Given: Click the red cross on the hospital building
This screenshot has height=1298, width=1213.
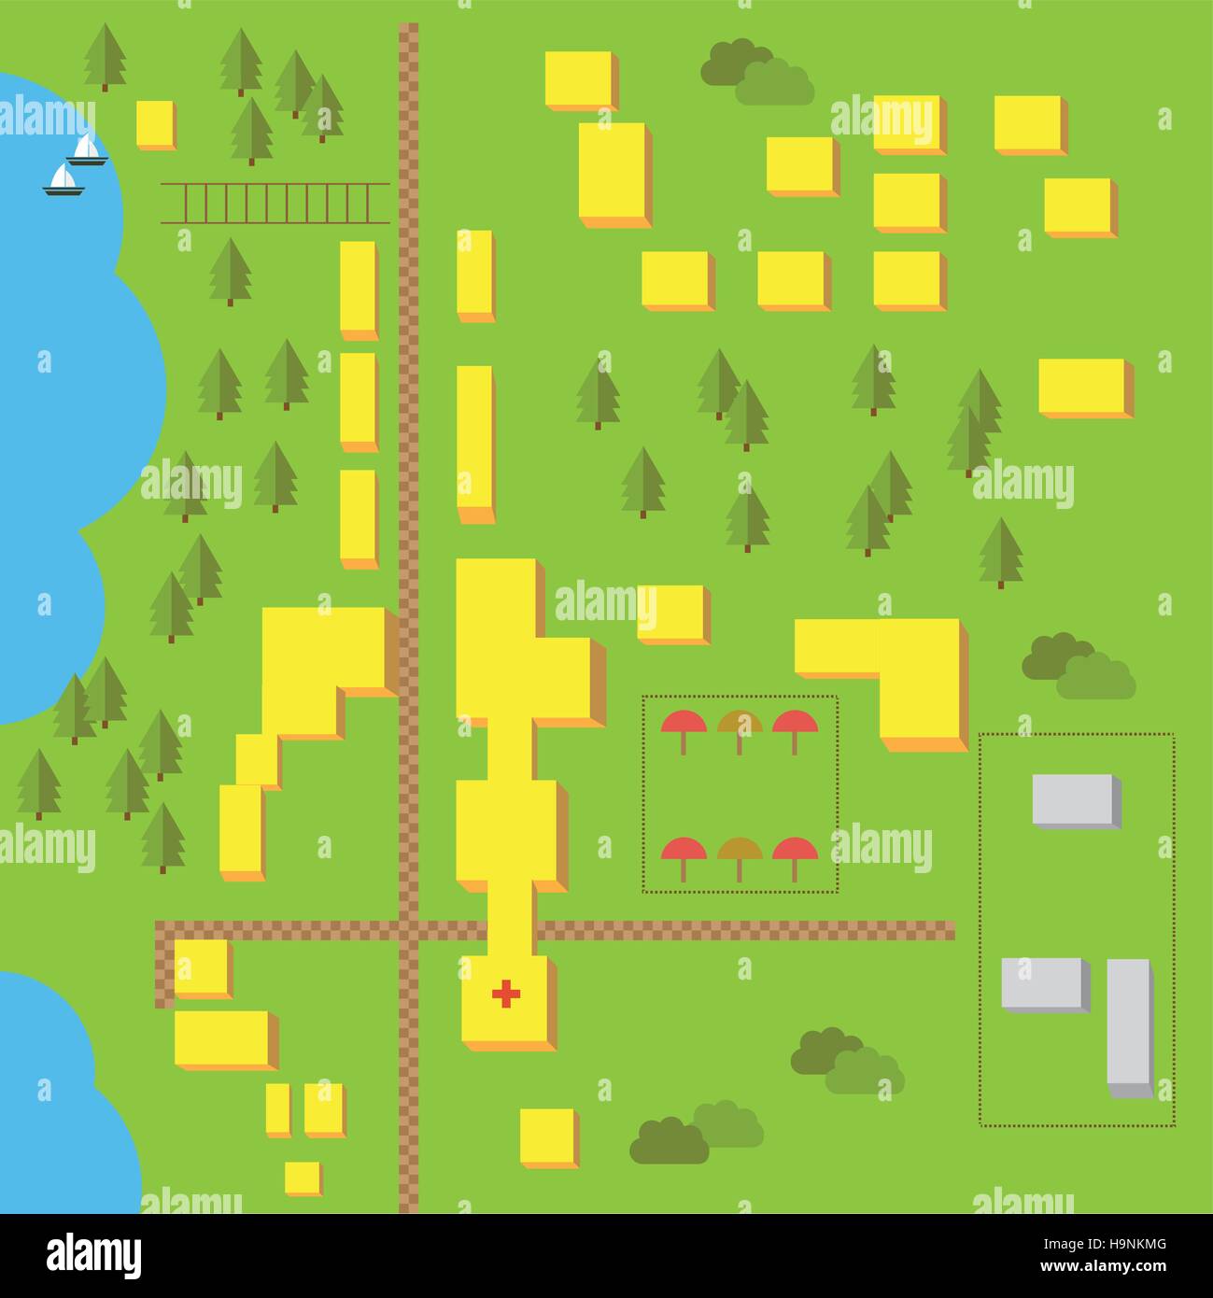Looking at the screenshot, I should (506, 995).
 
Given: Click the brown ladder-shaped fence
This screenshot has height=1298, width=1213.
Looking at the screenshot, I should (275, 204).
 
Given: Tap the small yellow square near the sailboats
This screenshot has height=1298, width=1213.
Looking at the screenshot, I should (154, 123).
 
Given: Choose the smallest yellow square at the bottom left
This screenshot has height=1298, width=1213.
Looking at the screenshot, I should (302, 1178).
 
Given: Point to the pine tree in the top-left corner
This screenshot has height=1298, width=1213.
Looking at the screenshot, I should (105, 56).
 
